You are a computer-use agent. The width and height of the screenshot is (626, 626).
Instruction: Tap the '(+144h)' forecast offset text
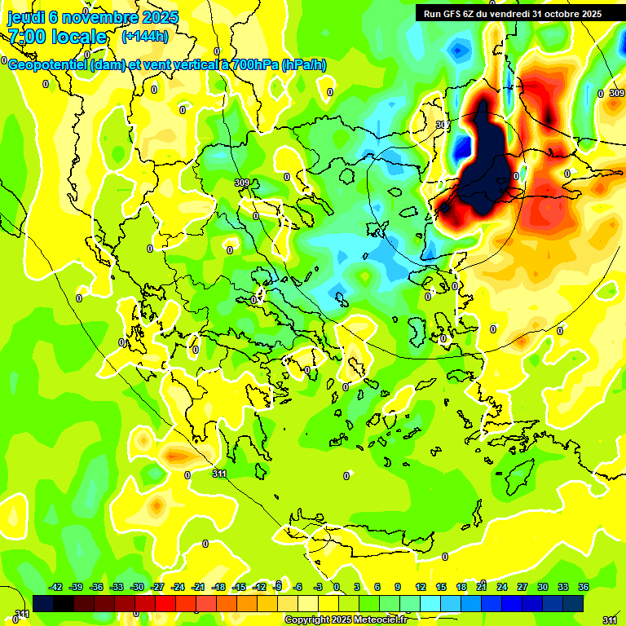pyautogui.click(x=145, y=36)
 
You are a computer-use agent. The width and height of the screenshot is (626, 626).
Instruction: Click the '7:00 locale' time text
pyautogui.click(x=57, y=37)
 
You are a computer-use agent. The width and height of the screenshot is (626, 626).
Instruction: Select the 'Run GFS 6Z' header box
pyautogui.click(x=513, y=13)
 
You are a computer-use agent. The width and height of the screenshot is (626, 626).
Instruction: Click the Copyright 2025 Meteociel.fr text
pyautogui.click(x=346, y=619)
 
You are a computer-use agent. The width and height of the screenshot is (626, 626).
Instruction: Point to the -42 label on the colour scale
pyautogui.click(x=55, y=587)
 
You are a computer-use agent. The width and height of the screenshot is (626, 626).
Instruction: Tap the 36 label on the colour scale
pyautogui.click(x=584, y=587)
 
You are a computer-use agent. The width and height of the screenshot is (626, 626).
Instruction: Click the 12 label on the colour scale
pyautogui.click(x=421, y=587)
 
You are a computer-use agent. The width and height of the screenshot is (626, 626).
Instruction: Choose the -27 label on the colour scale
pyautogui.click(x=157, y=587)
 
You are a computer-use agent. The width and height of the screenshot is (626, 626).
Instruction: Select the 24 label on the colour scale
pyautogui.click(x=502, y=587)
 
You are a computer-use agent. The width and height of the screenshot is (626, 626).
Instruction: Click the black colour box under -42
pyautogui.click(x=43, y=603)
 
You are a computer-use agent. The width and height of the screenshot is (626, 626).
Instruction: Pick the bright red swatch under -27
pyautogui.click(x=165, y=603)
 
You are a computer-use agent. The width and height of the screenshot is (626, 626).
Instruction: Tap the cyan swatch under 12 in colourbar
pyautogui.click(x=430, y=603)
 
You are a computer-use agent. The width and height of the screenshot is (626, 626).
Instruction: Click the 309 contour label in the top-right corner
pyautogui.click(x=616, y=94)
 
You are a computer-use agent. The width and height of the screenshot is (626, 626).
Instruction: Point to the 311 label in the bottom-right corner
pyautogui.click(x=609, y=621)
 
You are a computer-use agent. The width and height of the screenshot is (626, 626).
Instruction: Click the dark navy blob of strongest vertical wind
pyautogui.click(x=487, y=163)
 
